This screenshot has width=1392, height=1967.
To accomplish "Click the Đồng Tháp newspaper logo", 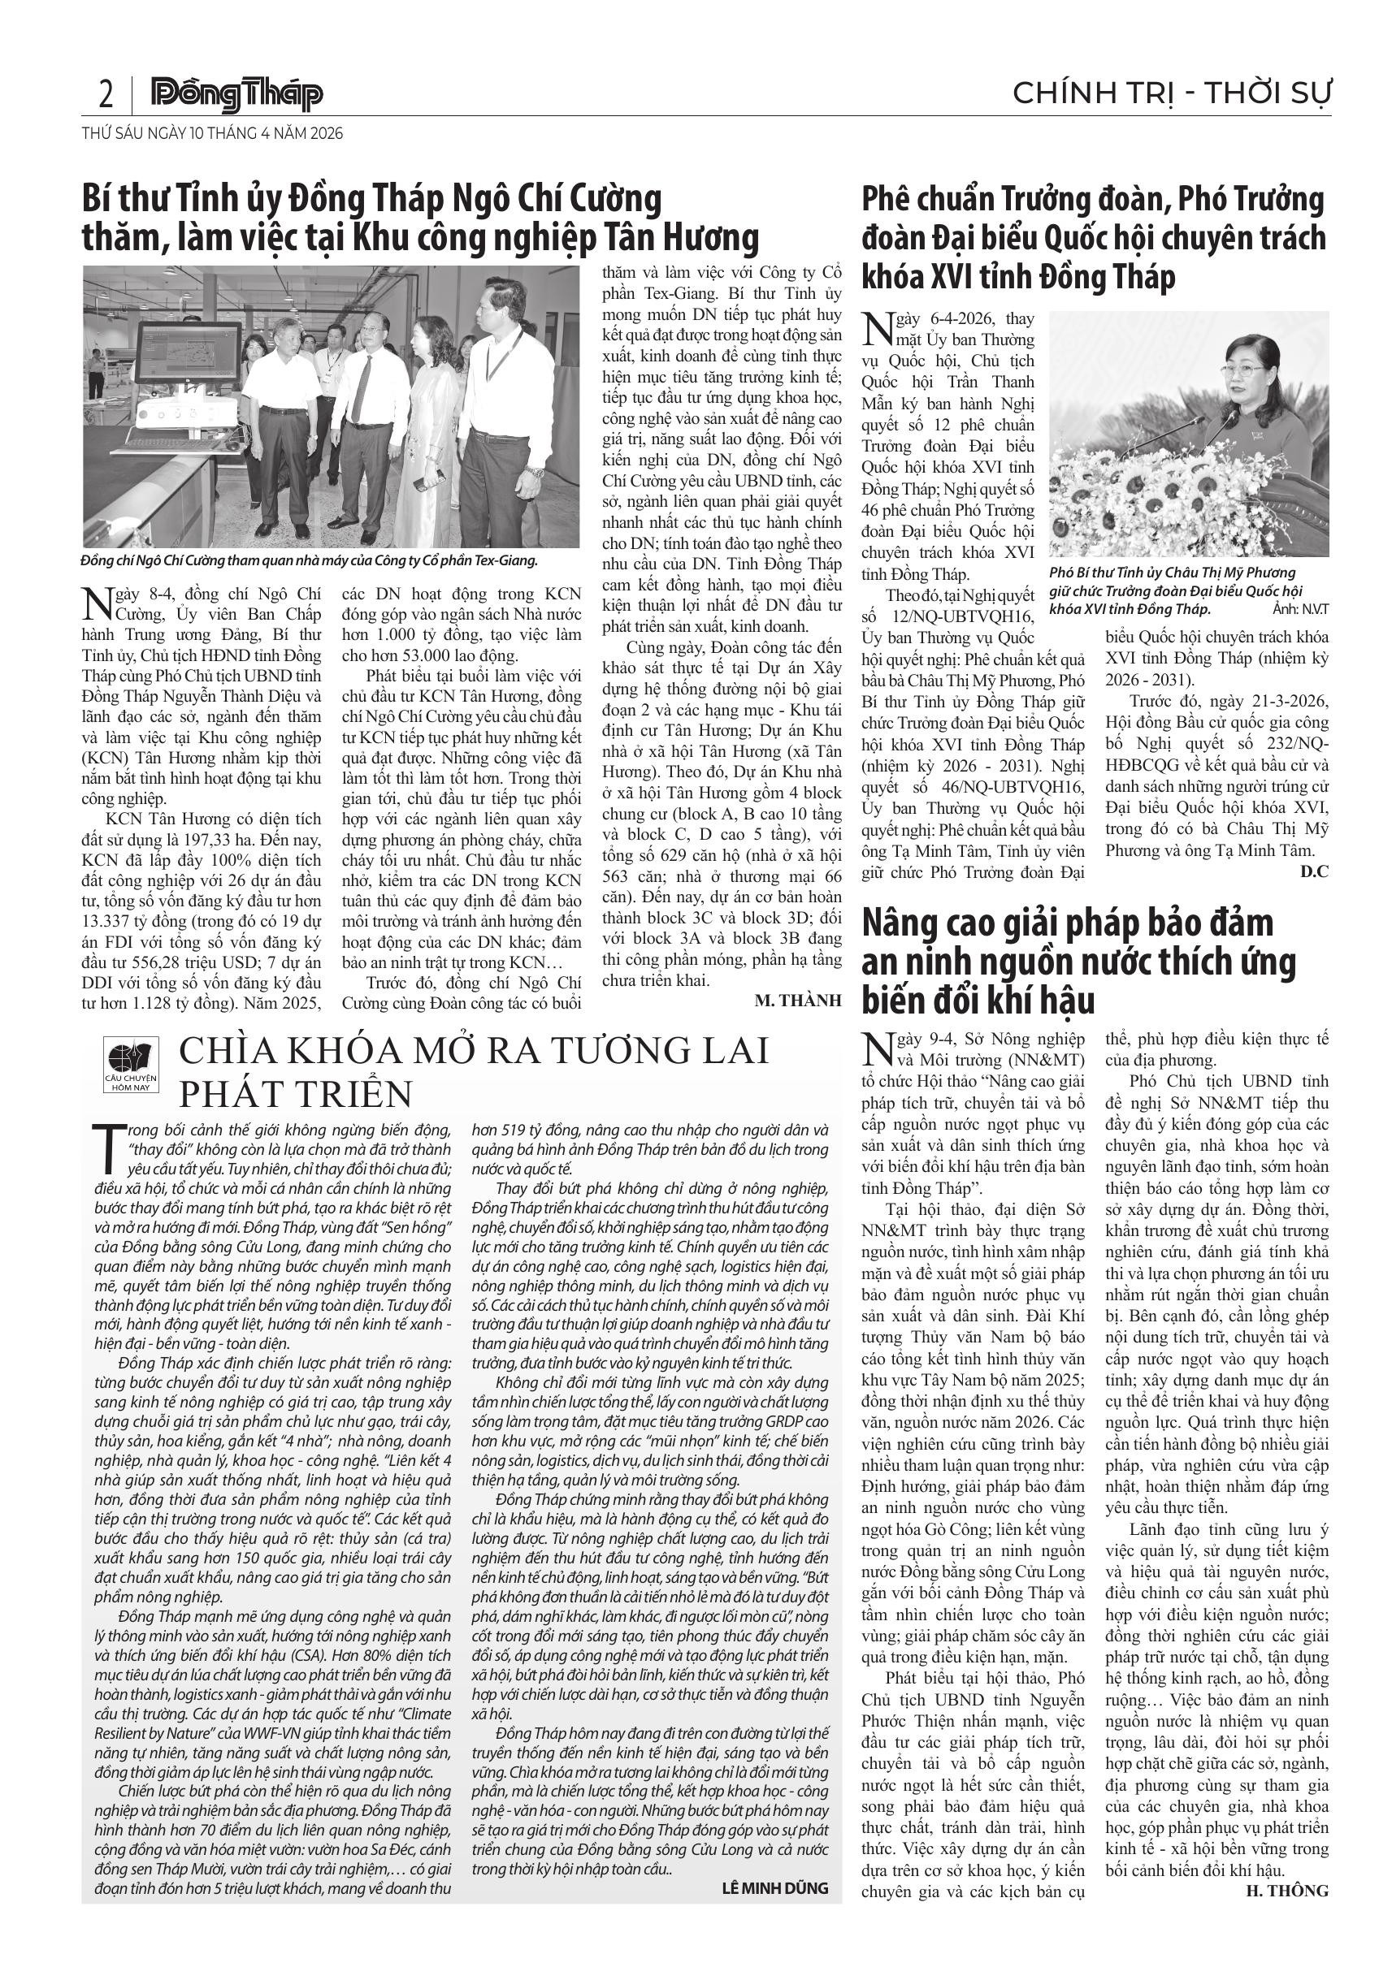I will (237, 95).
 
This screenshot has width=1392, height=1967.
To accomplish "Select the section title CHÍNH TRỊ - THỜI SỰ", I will (1172, 93).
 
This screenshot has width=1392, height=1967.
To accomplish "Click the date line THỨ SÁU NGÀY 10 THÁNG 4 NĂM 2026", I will (212, 134).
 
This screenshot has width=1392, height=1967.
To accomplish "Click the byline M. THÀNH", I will (798, 1001).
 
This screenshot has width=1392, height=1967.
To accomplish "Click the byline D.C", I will (1314, 872).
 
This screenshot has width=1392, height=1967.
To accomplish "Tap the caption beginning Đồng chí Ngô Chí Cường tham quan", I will (309, 561).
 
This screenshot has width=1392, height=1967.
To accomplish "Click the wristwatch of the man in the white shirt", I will (534, 471).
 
